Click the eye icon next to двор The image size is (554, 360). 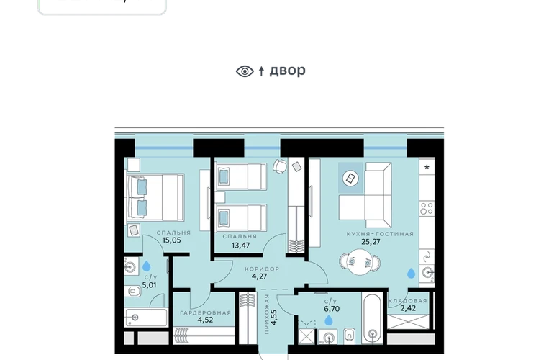245,71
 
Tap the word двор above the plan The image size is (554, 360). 288,71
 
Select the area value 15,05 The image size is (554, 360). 171,240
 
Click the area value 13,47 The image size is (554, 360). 240,245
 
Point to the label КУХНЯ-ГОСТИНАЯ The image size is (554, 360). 380,234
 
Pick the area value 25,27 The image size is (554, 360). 371,242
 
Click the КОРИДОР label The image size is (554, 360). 262,269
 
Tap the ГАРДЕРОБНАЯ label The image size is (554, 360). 205,312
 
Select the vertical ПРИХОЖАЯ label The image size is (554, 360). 266,314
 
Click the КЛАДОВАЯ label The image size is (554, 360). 408,300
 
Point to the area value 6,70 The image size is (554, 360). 332,309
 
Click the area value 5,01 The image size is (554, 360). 149,285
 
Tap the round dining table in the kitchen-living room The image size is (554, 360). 360,262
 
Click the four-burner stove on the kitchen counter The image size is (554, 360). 427,209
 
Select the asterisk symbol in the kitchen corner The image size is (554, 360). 427,167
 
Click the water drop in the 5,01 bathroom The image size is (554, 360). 146,266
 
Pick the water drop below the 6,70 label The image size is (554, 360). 329,320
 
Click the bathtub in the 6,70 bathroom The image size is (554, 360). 373,318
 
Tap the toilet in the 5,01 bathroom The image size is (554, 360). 133,292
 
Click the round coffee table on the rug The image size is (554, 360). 350,179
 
